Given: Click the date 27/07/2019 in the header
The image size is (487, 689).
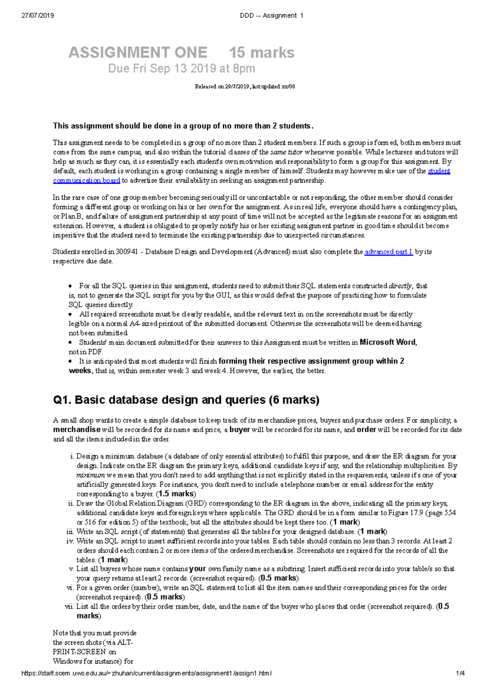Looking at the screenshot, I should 38,15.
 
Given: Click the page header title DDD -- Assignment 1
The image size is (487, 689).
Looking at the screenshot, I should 272,15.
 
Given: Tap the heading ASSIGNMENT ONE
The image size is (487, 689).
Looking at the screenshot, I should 138,52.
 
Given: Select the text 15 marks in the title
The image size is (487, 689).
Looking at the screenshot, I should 262,52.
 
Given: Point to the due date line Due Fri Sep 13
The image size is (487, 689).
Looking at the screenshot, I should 181,69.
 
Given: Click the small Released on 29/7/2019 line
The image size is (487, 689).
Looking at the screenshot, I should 245,86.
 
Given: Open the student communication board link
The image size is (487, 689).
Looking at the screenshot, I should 86,181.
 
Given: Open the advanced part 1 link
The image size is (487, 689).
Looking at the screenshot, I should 388,252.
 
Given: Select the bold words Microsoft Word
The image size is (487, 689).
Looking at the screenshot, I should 388,342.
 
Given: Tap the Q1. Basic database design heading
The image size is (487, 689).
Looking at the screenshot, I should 186,400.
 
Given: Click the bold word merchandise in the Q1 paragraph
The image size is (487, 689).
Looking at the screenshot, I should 76,430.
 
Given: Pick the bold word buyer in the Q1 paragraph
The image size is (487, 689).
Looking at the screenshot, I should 239,430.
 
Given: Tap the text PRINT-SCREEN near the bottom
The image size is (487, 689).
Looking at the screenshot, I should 79,652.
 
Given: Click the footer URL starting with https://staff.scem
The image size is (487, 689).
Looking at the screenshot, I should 146,674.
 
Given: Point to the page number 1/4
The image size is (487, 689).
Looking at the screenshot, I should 460,674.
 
